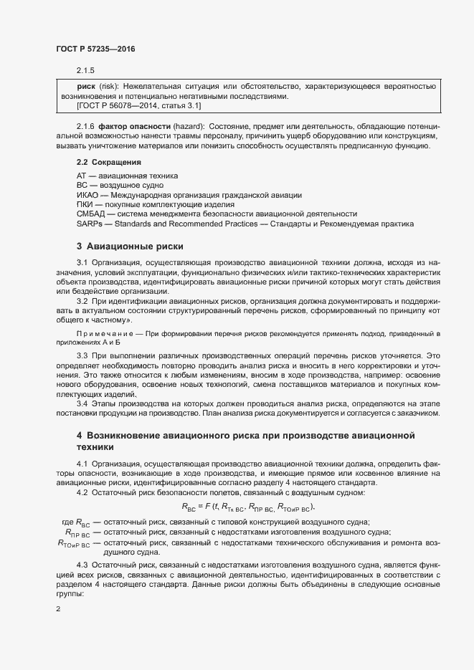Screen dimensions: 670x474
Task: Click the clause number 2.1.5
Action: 85,70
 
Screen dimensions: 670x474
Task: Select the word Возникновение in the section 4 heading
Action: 128,436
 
